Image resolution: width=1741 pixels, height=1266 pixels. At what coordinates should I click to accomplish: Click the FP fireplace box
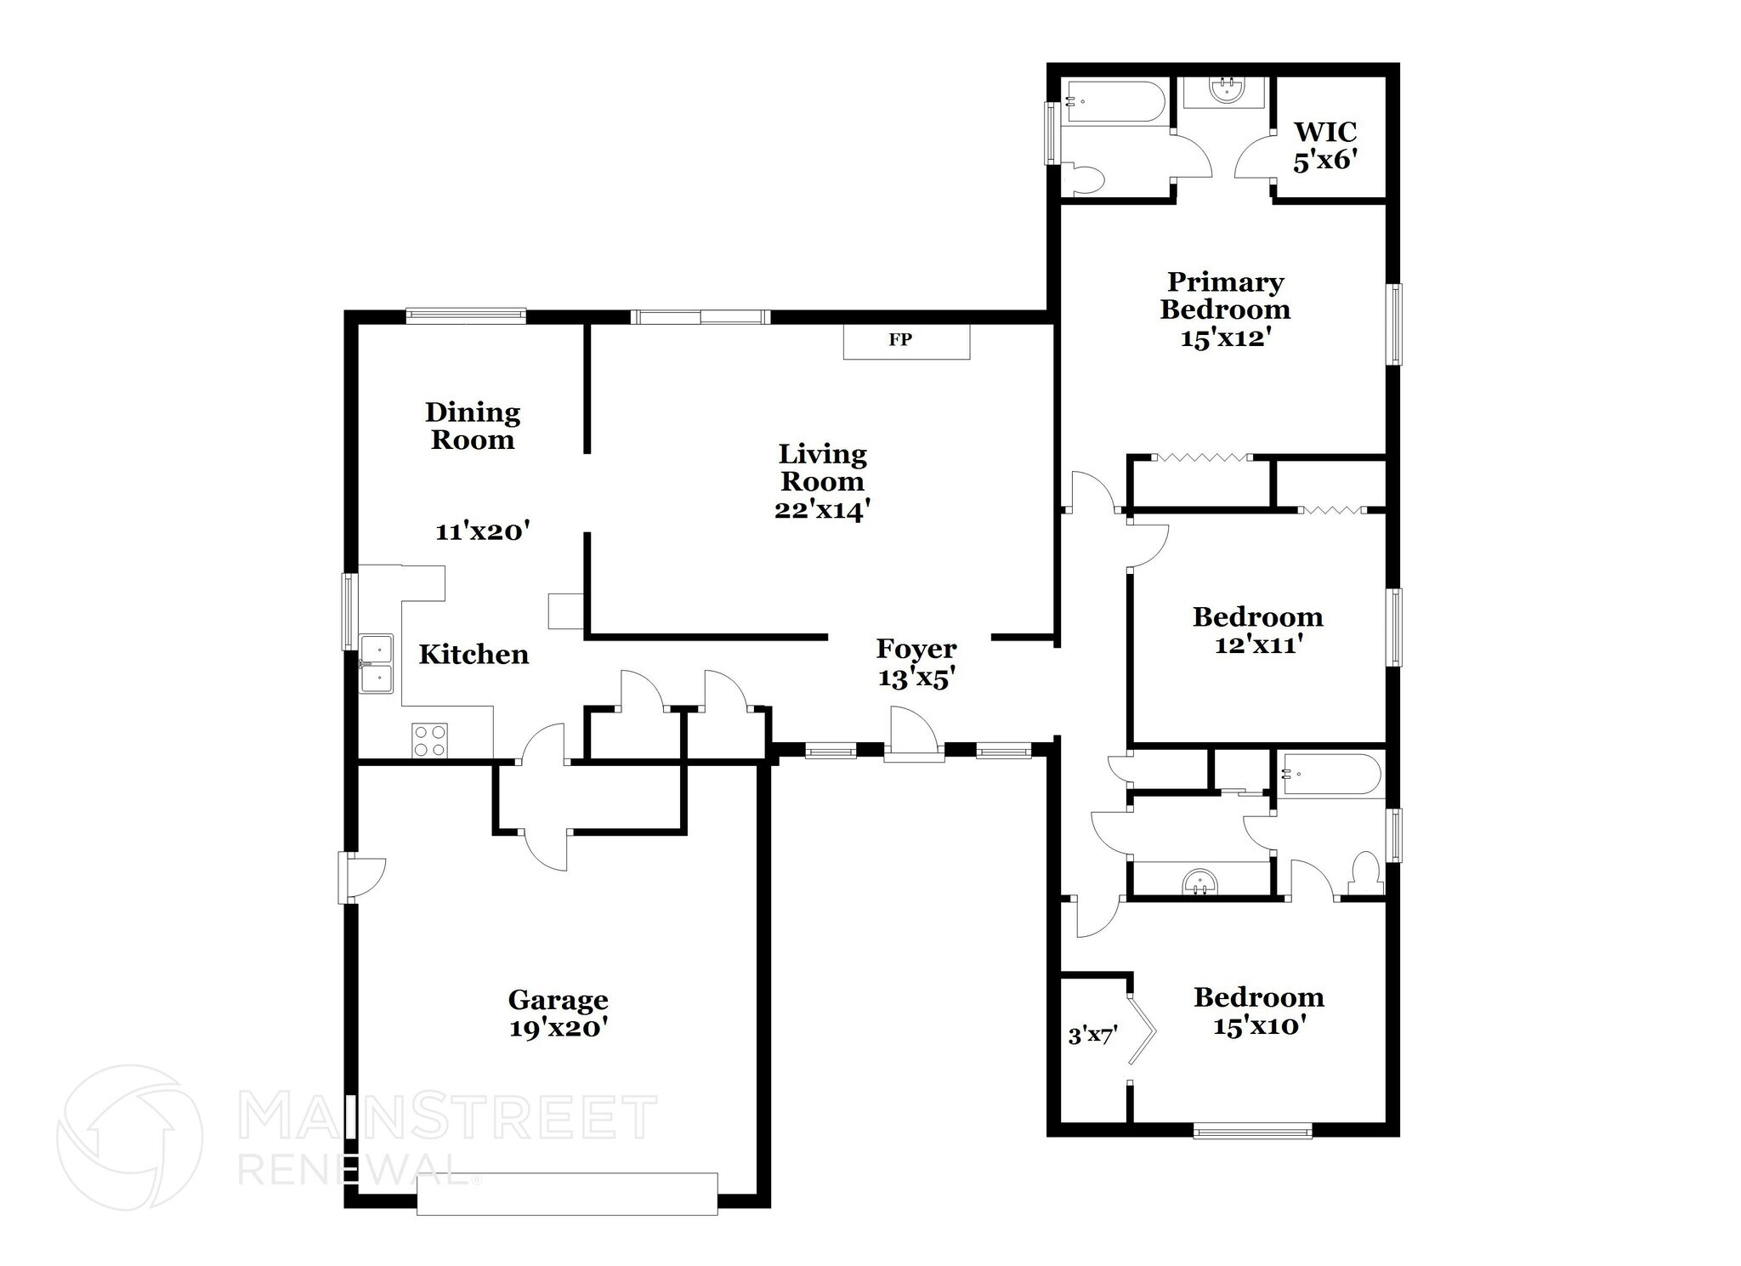point(905,341)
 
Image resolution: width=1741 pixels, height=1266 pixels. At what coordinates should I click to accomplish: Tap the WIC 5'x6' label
point(1324,146)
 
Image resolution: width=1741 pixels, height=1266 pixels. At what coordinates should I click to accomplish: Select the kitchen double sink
point(376,664)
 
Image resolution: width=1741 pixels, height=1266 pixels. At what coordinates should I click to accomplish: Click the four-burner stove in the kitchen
point(429,740)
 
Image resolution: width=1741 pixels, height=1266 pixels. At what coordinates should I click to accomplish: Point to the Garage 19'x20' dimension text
point(558,1028)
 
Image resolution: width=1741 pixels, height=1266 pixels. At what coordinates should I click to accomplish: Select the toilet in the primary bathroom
point(1088,179)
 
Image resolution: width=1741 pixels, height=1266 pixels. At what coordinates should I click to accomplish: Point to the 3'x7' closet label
point(1092,1036)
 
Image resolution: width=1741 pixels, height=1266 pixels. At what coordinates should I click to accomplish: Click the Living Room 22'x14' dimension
point(822,510)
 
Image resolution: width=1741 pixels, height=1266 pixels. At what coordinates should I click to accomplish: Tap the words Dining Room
point(473,426)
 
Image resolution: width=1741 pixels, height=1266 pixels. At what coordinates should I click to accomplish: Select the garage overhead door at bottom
point(567,1194)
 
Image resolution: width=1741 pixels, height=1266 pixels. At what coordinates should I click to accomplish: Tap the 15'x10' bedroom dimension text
point(1258,1026)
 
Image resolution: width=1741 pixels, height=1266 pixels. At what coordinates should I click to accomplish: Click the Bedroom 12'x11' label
point(1257,630)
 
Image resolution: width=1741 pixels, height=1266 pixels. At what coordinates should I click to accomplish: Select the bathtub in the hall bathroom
point(1331,774)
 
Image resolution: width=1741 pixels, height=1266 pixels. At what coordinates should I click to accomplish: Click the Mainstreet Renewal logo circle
point(129,1137)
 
